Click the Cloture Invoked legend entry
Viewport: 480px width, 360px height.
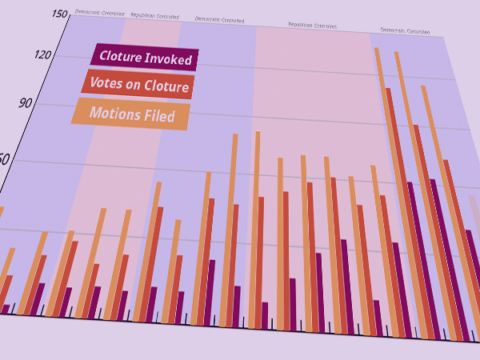(x=145, y=57)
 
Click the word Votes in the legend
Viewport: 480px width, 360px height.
(x=105, y=82)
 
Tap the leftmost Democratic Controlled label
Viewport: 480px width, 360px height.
(x=99, y=13)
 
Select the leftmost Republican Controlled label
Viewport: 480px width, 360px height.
(x=154, y=15)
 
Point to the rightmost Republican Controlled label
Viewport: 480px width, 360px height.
(x=312, y=26)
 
